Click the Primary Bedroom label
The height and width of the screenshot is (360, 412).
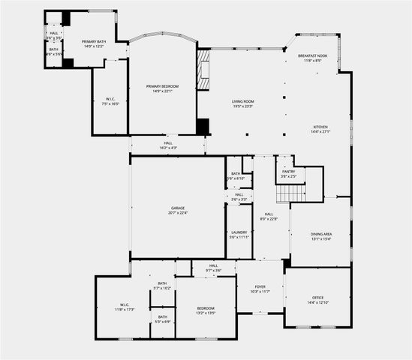coord(163,88)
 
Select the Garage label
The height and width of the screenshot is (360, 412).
coord(177,210)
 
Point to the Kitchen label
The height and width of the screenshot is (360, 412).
coord(320,130)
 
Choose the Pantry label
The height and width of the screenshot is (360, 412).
coord(288,173)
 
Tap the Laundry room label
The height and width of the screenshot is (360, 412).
coord(239,235)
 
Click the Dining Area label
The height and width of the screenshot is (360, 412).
coord(321,237)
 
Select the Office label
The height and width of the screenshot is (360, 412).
coord(318,300)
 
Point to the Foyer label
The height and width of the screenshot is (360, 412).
coord(260,288)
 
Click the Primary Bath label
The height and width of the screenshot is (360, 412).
coord(94,43)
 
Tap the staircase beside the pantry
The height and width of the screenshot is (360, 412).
coord(290,193)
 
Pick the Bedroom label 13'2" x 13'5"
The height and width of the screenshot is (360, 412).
coord(206,310)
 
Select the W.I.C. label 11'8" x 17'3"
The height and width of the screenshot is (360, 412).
coord(124,307)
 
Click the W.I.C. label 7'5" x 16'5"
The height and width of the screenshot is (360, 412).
coord(110,101)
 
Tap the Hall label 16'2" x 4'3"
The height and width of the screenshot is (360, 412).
coord(168,145)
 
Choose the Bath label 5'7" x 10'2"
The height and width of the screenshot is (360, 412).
coord(162,286)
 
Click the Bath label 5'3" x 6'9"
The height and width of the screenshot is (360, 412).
coord(162,319)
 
